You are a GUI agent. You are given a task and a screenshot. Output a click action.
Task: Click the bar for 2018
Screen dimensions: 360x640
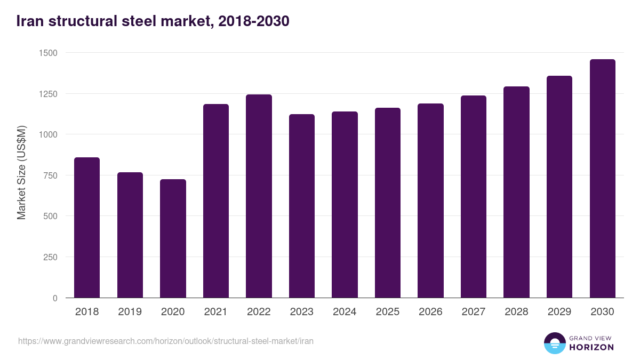[x=87, y=228]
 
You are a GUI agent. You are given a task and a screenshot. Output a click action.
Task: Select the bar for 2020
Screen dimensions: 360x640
[x=173, y=238]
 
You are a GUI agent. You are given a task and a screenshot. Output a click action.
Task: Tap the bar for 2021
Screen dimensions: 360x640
[x=216, y=201]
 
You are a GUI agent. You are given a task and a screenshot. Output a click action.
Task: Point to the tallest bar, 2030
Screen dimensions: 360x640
[x=603, y=179]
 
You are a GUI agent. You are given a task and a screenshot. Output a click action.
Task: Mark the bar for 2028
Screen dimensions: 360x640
[x=516, y=192]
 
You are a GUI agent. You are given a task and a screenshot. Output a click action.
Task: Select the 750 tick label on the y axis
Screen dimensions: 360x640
[x=50, y=175]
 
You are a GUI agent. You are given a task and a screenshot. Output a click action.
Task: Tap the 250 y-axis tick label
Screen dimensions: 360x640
[x=50, y=257]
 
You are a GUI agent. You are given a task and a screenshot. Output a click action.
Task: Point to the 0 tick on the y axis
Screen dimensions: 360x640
[x=55, y=298]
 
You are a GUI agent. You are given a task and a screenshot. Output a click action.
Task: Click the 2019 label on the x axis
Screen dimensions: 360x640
[x=130, y=312]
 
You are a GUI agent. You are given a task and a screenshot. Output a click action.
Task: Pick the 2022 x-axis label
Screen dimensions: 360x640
[x=259, y=312]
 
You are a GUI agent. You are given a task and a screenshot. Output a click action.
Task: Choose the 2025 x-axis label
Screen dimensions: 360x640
[x=388, y=312]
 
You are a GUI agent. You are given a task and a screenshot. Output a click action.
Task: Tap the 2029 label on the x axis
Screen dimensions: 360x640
[x=559, y=312]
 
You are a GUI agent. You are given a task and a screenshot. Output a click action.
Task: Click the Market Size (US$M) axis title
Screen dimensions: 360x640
[x=21, y=172]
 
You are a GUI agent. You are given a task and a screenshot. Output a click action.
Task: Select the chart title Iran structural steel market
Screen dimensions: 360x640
[x=153, y=21]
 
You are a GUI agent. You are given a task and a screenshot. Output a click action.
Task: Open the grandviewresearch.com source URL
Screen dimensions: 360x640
[x=166, y=341]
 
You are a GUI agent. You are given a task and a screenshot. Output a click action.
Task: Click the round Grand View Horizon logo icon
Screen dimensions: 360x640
[x=554, y=343]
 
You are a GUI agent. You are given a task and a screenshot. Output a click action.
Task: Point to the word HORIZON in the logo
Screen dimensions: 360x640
[x=591, y=347]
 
